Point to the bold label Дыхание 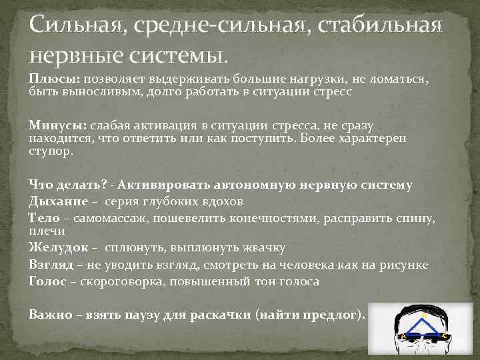click(57, 201)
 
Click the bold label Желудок click(58, 248)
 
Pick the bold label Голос click(47, 281)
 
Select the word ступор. click(50, 151)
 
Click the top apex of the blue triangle click(421, 318)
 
